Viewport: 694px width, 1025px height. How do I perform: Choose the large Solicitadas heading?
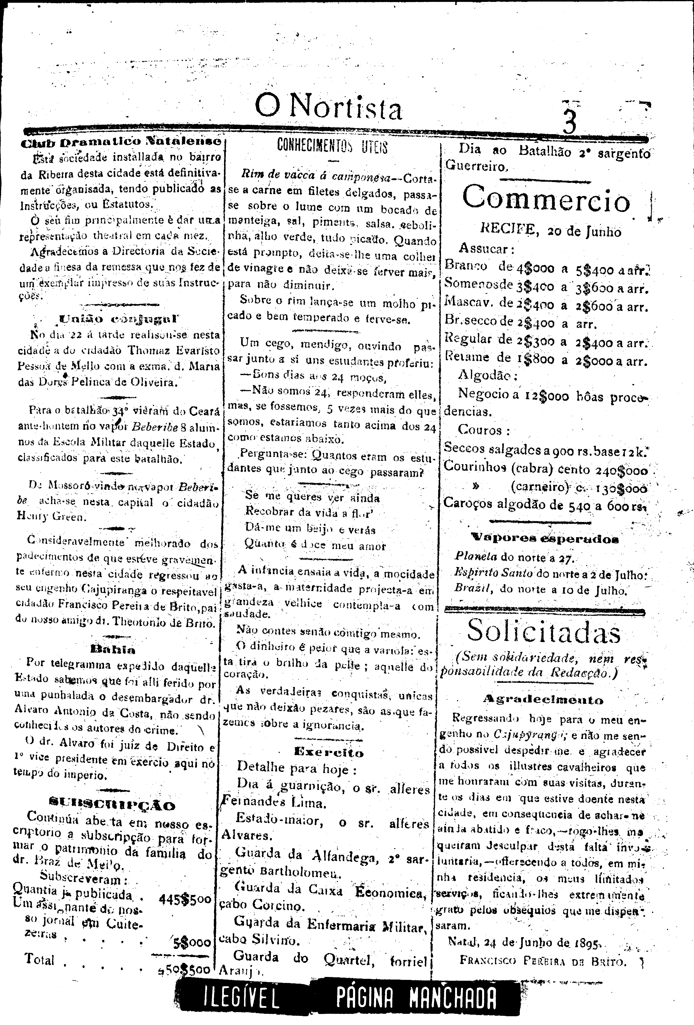point(544,632)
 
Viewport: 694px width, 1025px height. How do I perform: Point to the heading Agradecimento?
point(543,700)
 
